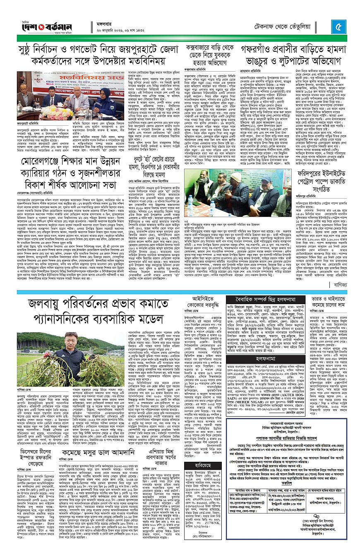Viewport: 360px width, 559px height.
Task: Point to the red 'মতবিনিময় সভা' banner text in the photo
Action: [x=79, y=77]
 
